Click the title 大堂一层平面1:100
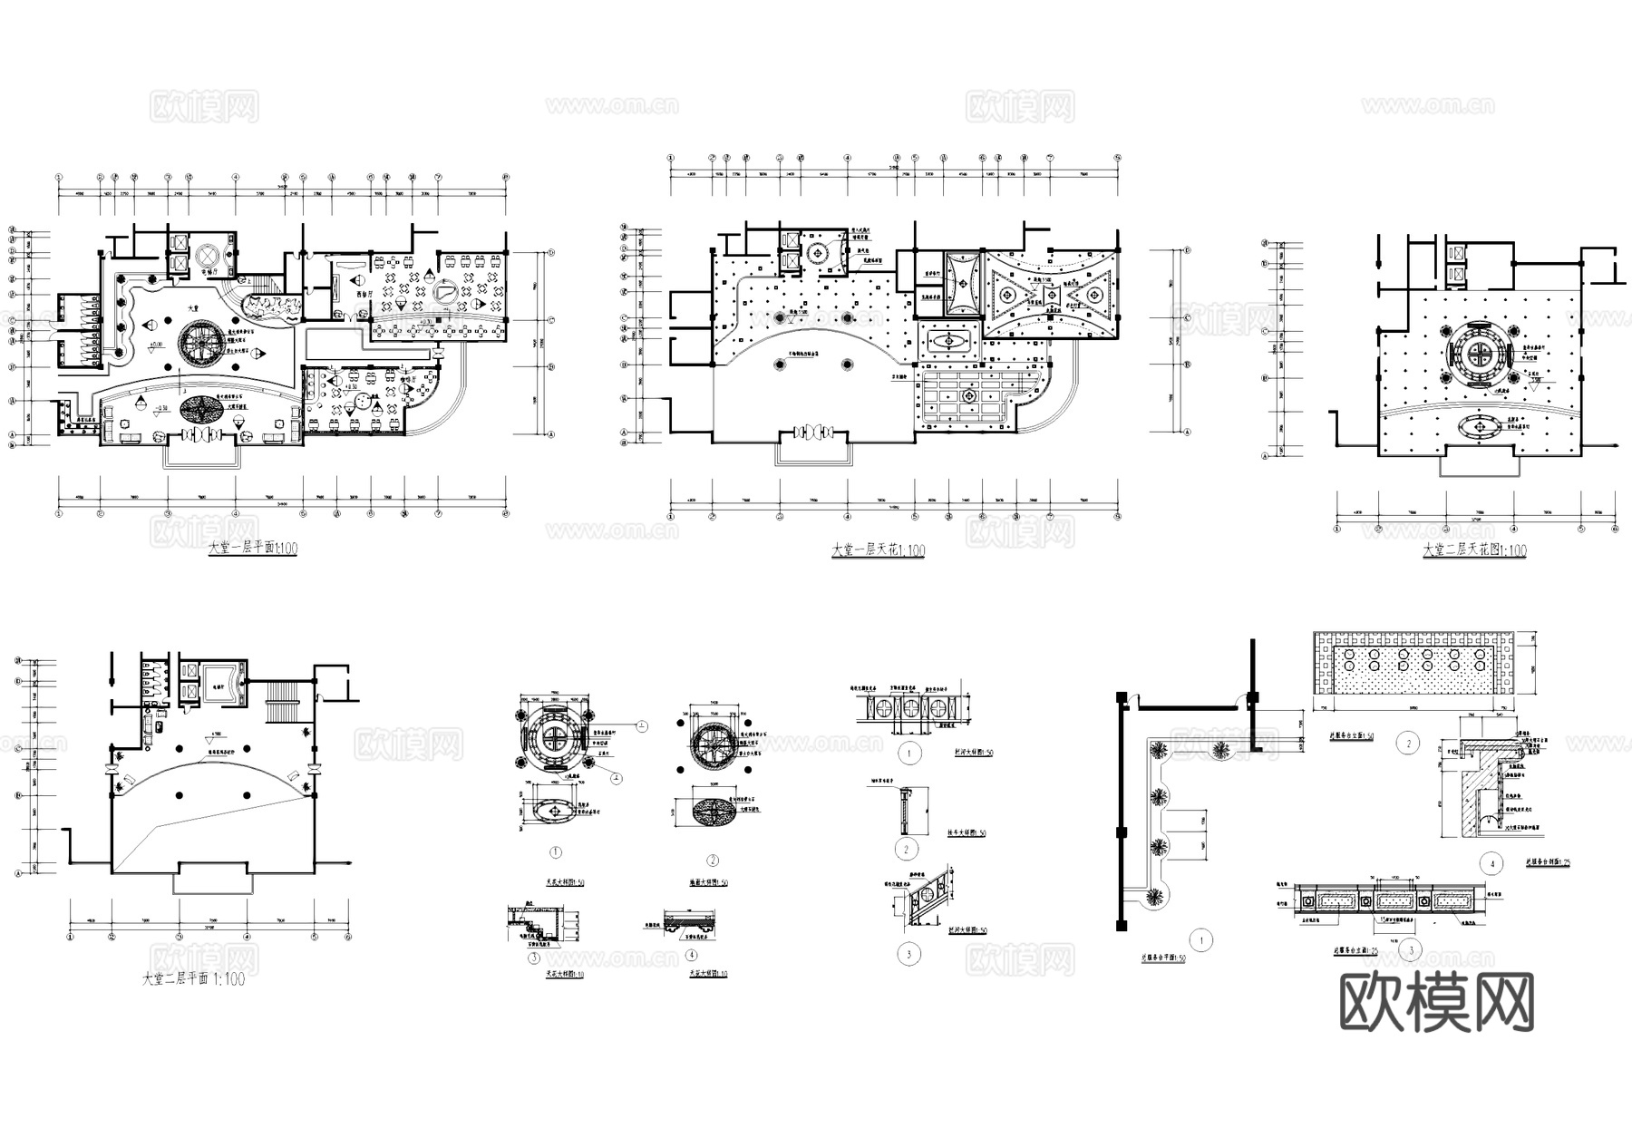(x=252, y=549)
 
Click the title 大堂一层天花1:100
(x=879, y=550)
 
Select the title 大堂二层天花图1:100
(x=1474, y=550)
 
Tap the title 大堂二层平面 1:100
(x=193, y=979)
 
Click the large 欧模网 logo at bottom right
(x=1436, y=1003)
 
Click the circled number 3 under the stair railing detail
(x=908, y=953)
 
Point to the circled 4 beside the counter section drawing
(x=1491, y=863)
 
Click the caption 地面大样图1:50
(x=708, y=882)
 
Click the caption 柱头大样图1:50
(x=967, y=833)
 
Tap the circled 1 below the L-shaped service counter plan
(x=1201, y=941)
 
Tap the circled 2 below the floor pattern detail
(x=712, y=861)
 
